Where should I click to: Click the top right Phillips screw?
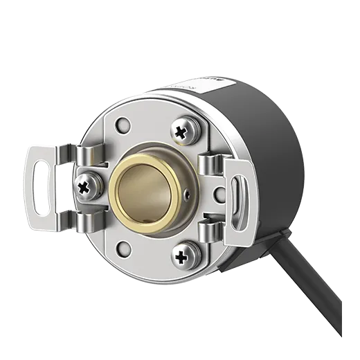click(x=184, y=129)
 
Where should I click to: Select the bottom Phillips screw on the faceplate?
click(x=183, y=258)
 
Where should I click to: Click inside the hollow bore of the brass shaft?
click(x=141, y=192)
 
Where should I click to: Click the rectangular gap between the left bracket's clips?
click(x=66, y=187)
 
